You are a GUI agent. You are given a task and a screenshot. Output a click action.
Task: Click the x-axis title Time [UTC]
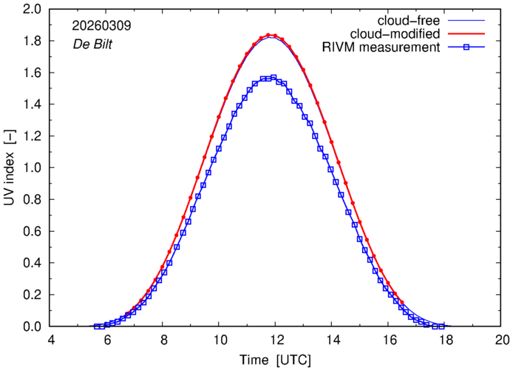[x=275, y=360]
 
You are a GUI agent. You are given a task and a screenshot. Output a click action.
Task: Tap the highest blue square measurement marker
[x=274, y=77]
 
